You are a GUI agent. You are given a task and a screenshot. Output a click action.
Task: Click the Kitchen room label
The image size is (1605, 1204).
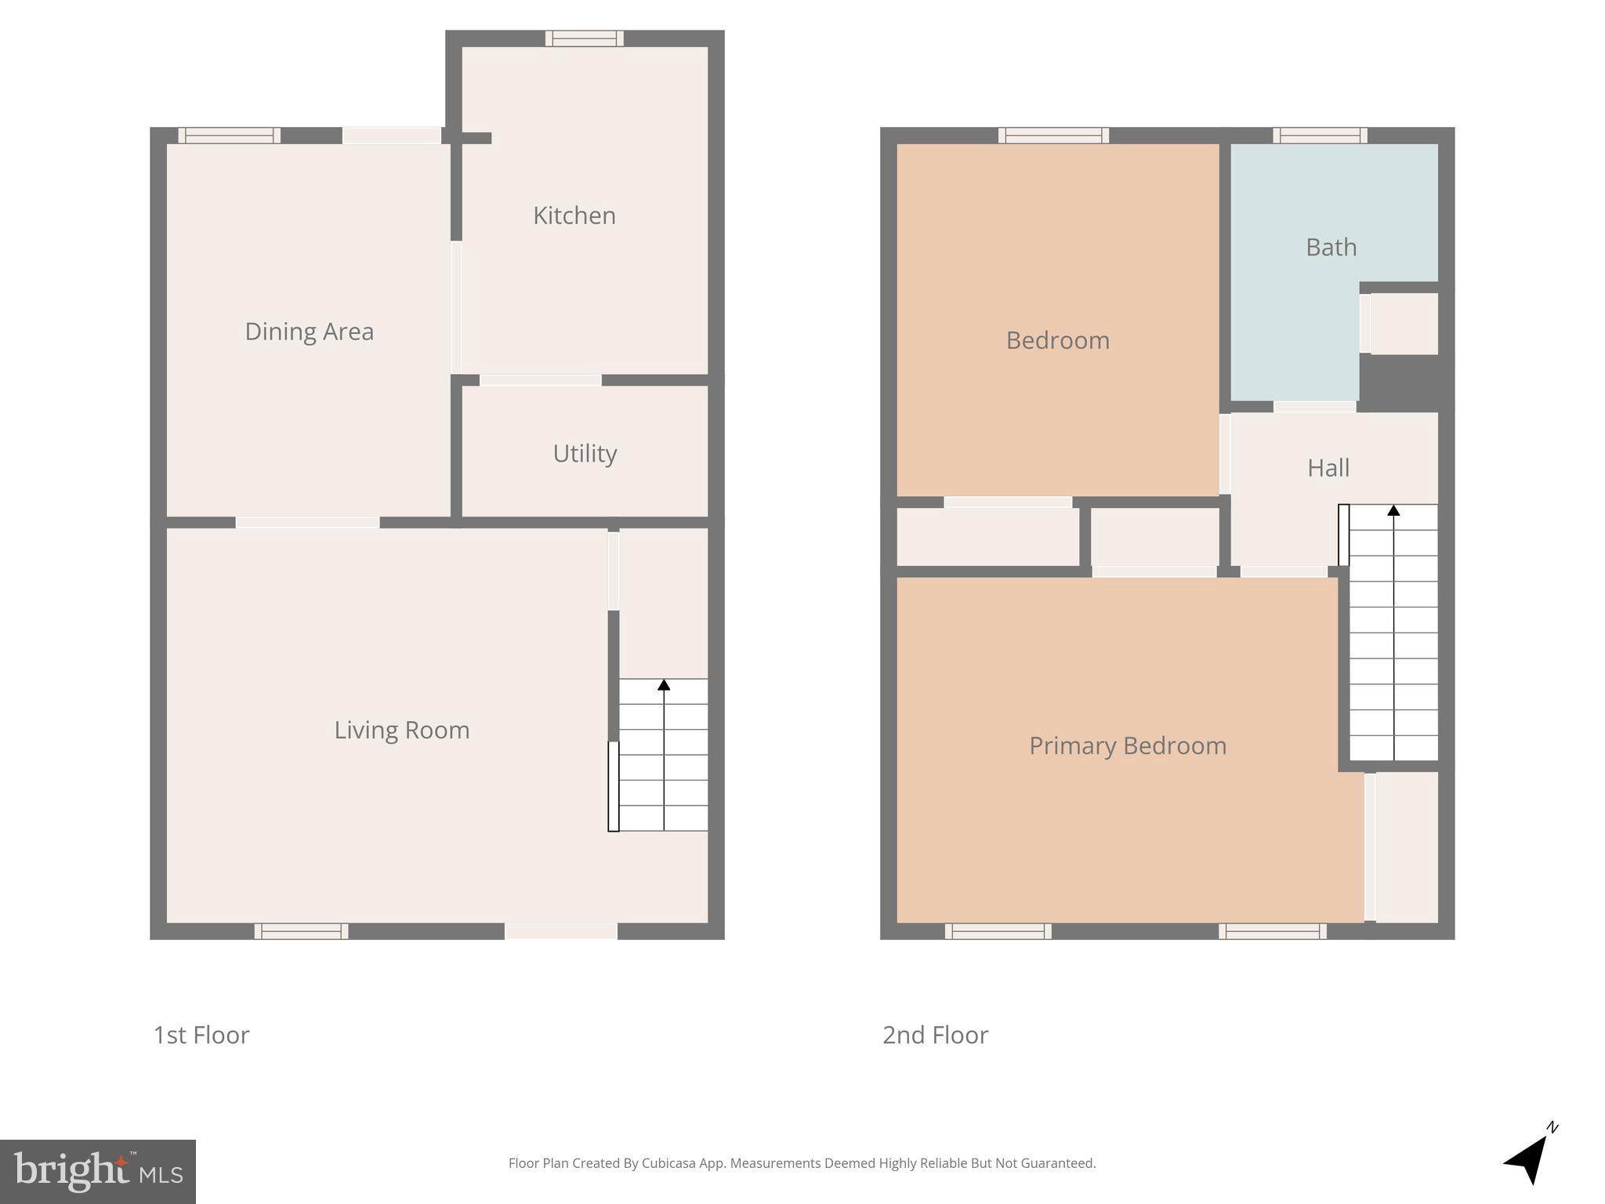point(574,216)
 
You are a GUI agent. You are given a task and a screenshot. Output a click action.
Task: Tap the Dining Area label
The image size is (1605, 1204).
point(309,332)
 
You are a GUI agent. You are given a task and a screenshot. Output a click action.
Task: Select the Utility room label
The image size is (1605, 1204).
point(585,453)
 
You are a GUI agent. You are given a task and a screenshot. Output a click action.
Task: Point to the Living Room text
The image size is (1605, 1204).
point(401,730)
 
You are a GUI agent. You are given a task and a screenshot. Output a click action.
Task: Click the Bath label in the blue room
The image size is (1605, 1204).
point(1331,248)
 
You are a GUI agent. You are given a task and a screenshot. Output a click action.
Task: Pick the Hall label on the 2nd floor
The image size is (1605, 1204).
point(1328,468)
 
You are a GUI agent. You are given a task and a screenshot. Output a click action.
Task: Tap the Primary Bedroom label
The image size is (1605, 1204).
point(1127,745)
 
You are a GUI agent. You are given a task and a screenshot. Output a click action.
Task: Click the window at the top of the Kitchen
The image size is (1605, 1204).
point(585,38)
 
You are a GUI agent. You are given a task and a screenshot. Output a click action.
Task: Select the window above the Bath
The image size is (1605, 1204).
point(1320,136)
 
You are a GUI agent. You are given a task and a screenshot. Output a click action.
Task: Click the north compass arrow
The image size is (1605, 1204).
point(1528,1159)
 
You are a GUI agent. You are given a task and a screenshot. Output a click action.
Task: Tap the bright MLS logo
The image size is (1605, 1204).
point(97,1172)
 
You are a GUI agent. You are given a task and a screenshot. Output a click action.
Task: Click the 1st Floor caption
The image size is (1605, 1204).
point(201,1035)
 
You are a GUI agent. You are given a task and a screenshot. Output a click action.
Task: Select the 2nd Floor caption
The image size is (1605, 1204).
point(935,1035)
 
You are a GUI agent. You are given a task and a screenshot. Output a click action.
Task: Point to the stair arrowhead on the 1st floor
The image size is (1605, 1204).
point(664,685)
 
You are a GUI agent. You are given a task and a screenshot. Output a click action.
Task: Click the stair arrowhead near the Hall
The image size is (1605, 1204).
point(1393,510)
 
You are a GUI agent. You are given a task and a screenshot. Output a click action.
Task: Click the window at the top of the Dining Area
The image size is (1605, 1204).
point(229,136)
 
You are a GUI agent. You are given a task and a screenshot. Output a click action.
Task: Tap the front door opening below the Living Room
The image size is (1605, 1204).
point(561,931)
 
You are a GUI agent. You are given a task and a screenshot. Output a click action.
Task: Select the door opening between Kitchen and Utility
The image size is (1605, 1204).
point(540,380)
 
